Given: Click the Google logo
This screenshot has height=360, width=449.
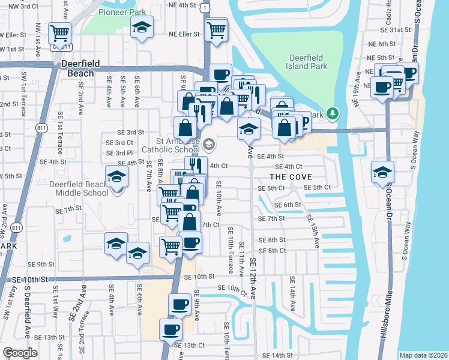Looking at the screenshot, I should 20,353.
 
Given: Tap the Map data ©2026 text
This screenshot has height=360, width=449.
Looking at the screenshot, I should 423,355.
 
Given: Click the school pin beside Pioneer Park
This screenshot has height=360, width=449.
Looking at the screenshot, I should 142,28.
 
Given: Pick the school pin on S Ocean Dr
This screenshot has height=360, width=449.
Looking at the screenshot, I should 382,172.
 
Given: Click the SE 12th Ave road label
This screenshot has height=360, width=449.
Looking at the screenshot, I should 253,287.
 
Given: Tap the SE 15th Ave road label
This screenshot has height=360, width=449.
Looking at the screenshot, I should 313,231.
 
